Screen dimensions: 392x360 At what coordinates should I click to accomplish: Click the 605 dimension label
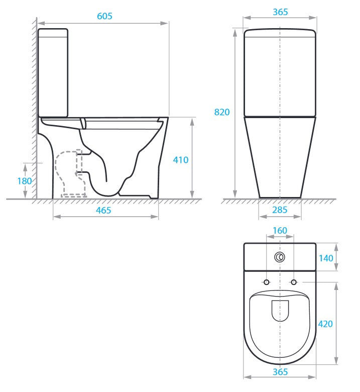click(x=104, y=16)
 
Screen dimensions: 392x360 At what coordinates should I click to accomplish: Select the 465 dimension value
click(x=103, y=210)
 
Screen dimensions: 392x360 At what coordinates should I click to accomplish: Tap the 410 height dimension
click(x=181, y=160)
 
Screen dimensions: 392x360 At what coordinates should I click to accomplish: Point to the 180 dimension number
click(x=25, y=181)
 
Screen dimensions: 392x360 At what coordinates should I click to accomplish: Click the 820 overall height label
click(x=222, y=112)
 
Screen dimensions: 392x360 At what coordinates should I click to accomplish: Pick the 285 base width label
click(x=280, y=210)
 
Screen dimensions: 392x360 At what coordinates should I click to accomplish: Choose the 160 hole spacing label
click(x=280, y=231)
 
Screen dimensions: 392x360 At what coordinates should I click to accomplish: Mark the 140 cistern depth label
click(x=326, y=258)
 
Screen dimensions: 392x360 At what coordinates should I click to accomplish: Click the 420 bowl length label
click(x=326, y=324)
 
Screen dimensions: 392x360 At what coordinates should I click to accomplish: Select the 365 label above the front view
click(x=280, y=12)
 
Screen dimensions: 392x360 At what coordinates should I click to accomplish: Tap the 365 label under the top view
click(x=280, y=372)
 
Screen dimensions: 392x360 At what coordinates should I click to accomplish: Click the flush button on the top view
click(x=280, y=258)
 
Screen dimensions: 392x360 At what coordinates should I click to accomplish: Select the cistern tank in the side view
click(x=53, y=73)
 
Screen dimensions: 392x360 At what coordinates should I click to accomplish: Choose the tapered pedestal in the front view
click(x=280, y=156)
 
